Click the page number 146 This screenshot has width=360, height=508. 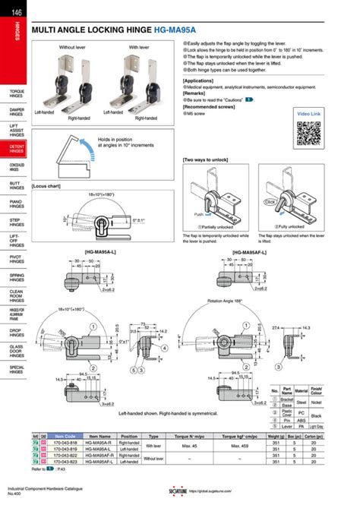point(16,8)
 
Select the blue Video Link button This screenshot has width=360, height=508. point(309,114)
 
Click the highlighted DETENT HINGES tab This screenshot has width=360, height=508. point(16,148)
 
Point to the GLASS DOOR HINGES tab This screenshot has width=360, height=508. point(16,352)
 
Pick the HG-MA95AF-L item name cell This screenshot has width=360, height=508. point(100,461)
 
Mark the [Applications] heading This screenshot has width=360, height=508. point(198,80)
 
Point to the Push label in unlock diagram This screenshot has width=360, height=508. point(198,214)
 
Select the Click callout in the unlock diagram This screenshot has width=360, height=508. point(270,203)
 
